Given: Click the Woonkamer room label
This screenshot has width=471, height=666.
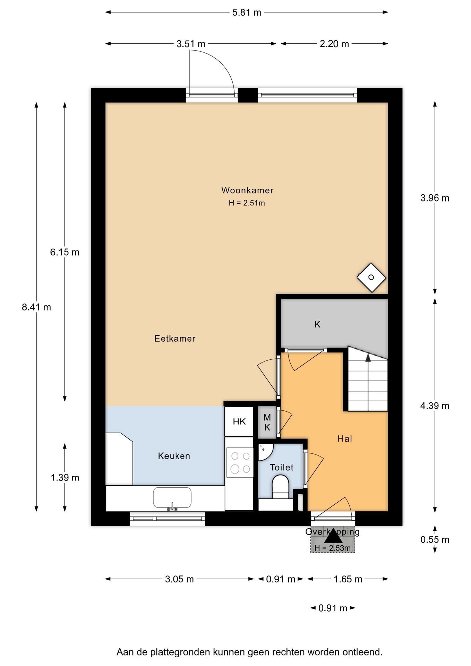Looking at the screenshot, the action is pyautogui.click(x=247, y=190).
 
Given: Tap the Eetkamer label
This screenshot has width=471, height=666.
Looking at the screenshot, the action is pyautogui.click(x=175, y=339).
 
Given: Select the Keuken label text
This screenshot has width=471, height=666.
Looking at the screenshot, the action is pyautogui.click(x=174, y=456).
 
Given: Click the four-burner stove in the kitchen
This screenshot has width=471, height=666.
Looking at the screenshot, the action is pyautogui.click(x=240, y=462).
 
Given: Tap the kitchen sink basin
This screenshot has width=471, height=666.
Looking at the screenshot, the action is pyautogui.click(x=172, y=498).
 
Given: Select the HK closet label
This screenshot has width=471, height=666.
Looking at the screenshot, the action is pyautogui.click(x=239, y=421).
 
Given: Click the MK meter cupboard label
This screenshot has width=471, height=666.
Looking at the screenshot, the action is pyautogui.click(x=267, y=422).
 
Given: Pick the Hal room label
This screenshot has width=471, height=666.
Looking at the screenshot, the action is pyautogui.click(x=345, y=439).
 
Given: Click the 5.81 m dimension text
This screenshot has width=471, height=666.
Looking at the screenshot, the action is pyautogui.click(x=247, y=12).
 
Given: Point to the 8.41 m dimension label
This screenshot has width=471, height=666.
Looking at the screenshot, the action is pyautogui.click(x=36, y=307).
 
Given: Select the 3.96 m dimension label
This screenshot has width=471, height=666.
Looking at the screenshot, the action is pyautogui.click(x=435, y=198).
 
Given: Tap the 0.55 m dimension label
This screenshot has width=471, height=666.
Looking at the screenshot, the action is pyautogui.click(x=435, y=539).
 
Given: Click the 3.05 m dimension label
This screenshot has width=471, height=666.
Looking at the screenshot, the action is pyautogui.click(x=179, y=579).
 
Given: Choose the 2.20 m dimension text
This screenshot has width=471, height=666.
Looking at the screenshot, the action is pyautogui.click(x=334, y=44).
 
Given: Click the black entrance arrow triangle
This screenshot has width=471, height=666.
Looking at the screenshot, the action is pyautogui.click(x=333, y=536).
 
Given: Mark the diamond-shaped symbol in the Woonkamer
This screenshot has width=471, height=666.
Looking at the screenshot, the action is pyautogui.click(x=371, y=277).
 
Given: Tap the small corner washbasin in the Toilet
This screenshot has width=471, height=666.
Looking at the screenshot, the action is pyautogui.click(x=265, y=451).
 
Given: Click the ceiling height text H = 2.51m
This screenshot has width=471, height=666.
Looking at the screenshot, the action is pyautogui.click(x=247, y=203).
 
